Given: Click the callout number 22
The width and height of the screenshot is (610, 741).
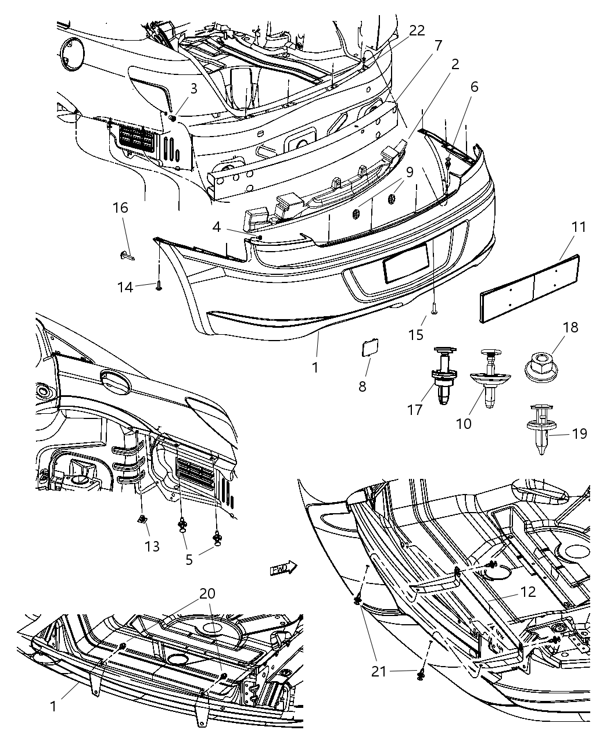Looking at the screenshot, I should [417, 31].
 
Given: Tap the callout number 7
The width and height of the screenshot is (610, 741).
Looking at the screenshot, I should [438, 45].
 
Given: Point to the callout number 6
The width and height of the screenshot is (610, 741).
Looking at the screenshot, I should [474, 87].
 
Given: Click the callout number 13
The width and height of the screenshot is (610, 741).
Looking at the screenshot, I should [152, 546].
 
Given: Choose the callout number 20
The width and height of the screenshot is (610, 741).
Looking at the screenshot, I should [207, 593].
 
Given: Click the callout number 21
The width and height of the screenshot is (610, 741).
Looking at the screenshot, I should [379, 672].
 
